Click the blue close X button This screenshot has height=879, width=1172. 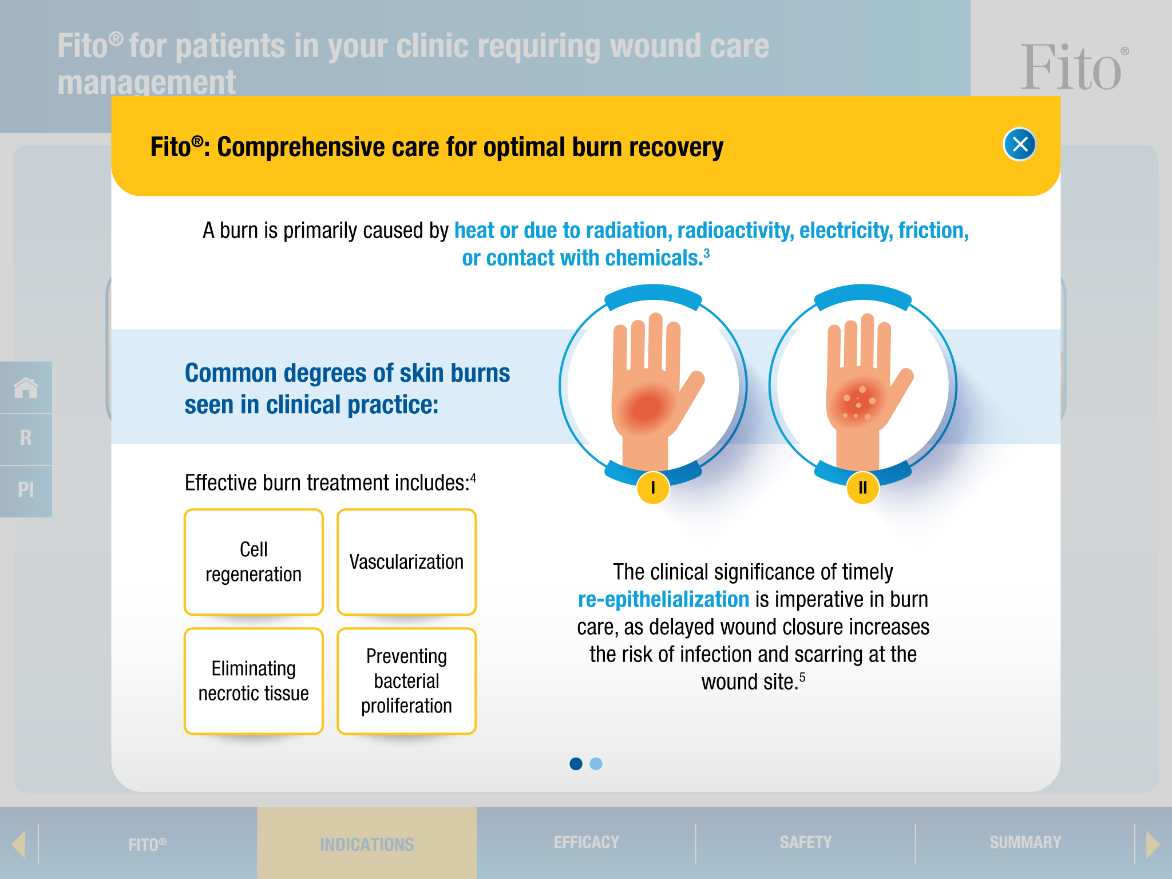[1019, 144]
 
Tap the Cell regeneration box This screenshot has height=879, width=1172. [254, 562]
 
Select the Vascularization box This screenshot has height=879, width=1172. [406, 562]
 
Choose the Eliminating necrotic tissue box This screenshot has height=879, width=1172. [254, 681]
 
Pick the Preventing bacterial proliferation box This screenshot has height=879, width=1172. [406, 681]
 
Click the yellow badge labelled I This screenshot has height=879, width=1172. [653, 488]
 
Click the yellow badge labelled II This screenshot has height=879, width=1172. [862, 488]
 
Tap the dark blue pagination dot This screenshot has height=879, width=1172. [576, 763]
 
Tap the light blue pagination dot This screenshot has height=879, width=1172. [596, 763]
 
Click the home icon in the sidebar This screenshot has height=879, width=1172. [26, 387]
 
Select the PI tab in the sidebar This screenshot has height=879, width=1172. [26, 490]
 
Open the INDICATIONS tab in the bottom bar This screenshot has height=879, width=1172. [367, 844]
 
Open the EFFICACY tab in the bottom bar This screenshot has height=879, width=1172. [586, 842]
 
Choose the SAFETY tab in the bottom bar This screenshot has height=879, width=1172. [805, 842]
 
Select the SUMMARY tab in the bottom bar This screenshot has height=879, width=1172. [1025, 842]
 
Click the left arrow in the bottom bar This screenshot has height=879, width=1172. [18, 844]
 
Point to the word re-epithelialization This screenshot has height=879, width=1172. [663, 599]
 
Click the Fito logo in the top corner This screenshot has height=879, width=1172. [1072, 69]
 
